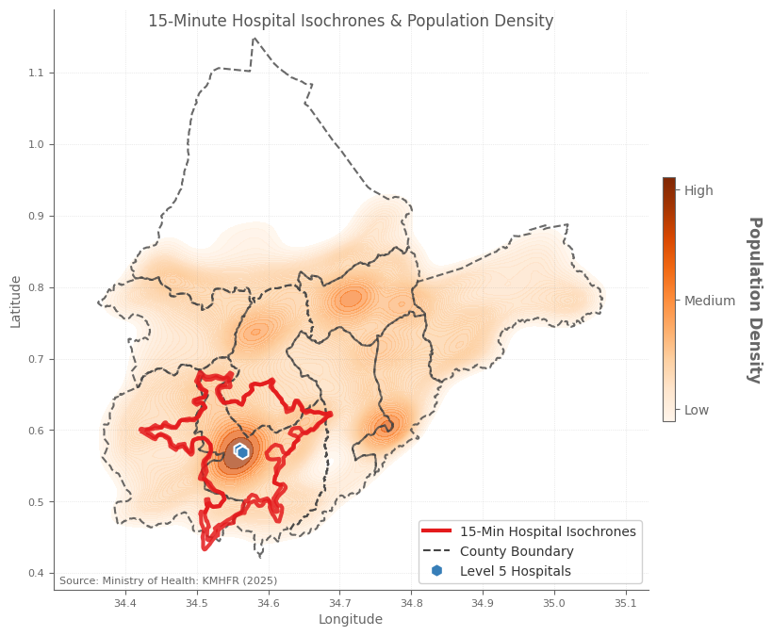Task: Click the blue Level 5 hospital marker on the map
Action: (242, 452)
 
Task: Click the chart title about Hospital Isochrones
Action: (351, 22)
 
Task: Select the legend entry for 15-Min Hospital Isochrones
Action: (548, 531)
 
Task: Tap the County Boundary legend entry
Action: (517, 551)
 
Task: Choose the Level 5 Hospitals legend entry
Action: (515, 571)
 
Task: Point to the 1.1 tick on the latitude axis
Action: (36, 73)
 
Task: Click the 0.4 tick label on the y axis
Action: (36, 574)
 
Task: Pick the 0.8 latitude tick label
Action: (36, 287)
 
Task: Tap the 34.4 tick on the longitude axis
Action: (125, 603)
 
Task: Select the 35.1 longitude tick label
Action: (626, 603)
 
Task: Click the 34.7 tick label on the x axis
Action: (339, 603)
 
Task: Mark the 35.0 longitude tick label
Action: (554, 603)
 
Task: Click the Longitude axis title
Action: (351, 620)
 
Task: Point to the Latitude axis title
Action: (16, 302)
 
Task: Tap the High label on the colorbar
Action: (698, 190)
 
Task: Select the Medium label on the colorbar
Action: (709, 301)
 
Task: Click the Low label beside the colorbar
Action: (697, 410)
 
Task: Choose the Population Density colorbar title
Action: (754, 300)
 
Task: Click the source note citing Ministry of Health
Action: (168, 580)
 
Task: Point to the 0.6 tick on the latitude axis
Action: (36, 431)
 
